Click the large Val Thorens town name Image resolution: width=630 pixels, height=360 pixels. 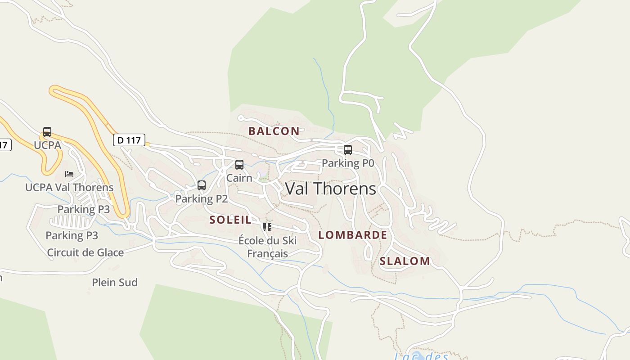click(331, 189)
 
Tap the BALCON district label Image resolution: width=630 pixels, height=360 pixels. click(274, 131)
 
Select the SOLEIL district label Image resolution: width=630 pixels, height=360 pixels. click(230, 220)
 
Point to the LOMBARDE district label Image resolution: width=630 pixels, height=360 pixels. click(352, 235)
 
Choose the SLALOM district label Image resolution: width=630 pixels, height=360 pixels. click(405, 261)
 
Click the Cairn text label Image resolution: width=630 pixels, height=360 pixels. click(239, 178)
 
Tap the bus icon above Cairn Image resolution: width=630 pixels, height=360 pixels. click(239, 165)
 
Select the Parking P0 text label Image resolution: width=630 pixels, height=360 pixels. click(348, 163)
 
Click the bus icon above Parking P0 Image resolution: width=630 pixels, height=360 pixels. click(348, 150)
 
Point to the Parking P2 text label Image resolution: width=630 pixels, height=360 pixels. click(202, 199)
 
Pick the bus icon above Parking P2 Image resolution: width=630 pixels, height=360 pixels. click(202, 185)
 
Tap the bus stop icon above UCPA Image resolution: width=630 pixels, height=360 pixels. click(47, 132)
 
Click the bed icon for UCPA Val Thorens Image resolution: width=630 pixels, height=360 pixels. click(69, 174)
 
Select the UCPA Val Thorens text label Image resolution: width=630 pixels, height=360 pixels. click(69, 187)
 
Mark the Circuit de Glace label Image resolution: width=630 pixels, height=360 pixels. click(85, 252)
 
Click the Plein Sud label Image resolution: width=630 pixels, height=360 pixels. click(115, 283)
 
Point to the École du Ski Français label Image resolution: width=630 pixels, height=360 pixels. click(267, 247)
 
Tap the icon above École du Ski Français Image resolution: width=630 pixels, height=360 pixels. click(267, 227)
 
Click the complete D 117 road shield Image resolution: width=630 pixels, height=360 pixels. click(129, 140)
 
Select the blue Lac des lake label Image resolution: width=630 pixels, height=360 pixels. click(421, 356)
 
